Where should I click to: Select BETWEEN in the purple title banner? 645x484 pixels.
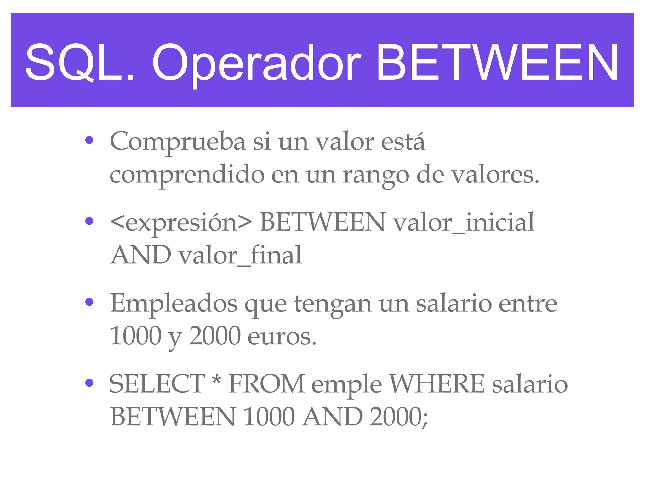[x=497, y=62]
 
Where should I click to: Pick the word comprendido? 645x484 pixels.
[x=187, y=175]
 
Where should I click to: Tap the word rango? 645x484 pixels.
[x=376, y=176]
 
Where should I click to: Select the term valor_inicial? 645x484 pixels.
[x=464, y=222]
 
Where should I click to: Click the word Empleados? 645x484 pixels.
[x=174, y=303]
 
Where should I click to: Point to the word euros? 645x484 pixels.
[x=282, y=336]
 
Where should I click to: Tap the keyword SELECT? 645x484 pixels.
[x=157, y=384]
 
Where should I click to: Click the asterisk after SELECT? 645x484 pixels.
[x=216, y=380]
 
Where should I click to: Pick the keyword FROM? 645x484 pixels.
[x=266, y=384]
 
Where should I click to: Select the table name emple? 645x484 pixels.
[x=346, y=385]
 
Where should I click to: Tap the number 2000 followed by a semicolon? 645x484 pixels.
[x=398, y=417]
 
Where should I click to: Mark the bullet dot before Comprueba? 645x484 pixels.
[x=89, y=140]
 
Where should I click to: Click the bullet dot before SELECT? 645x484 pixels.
[x=89, y=383]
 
